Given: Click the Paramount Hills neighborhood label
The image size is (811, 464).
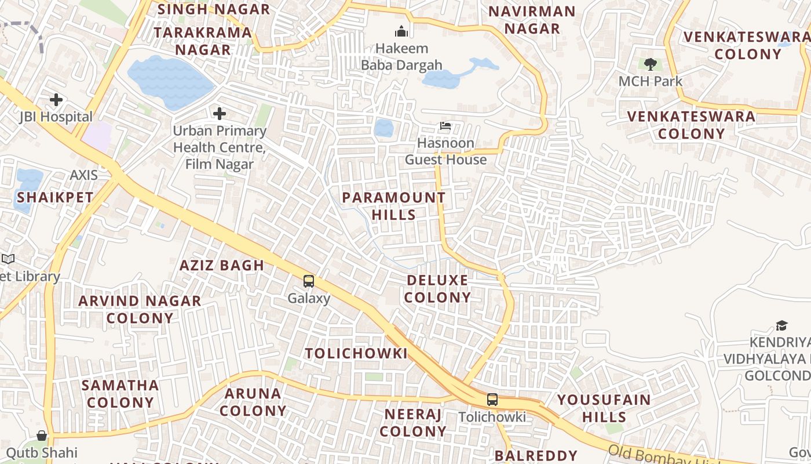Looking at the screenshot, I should tap(394, 206).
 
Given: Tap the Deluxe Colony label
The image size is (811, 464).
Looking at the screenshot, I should tap(437, 289).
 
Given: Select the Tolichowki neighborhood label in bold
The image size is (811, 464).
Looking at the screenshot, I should tap(356, 353).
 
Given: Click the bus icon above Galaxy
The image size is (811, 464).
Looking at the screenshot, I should tap(309, 281).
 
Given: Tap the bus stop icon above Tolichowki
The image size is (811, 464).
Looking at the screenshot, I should tap(492, 400).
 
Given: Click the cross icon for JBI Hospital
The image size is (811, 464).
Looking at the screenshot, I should tap(56, 100).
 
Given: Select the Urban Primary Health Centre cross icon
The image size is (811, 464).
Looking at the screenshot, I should tap(220, 113).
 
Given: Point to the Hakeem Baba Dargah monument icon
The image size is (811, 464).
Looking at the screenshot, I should tap(401, 31).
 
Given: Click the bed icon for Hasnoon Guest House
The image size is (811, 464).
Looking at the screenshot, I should tap(445, 126).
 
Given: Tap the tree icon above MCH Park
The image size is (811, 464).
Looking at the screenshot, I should tap(651, 64).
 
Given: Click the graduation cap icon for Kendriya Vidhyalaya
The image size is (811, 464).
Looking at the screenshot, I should tap(782, 325).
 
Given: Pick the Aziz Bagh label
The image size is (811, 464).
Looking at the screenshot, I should tap(222, 266).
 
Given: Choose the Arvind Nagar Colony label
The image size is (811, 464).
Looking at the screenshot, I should tap(140, 309).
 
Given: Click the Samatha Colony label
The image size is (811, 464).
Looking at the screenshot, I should tap(120, 394).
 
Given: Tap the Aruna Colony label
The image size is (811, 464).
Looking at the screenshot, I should tap(253, 402).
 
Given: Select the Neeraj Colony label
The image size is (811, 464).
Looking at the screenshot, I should tap(413, 423).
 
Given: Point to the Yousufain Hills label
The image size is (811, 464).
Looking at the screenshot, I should tap(604, 408).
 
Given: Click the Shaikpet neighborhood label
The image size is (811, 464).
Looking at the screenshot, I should tap(55, 197).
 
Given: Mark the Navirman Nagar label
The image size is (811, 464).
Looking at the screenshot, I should tap(532, 20).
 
